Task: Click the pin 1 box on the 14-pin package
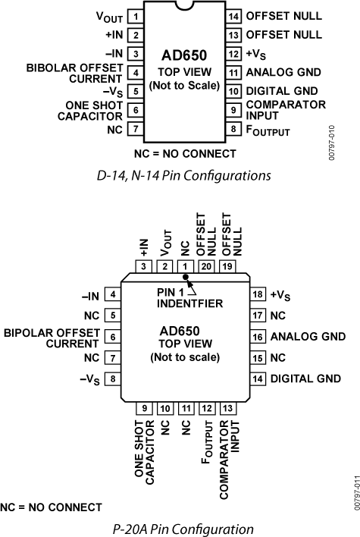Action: click(x=135, y=15)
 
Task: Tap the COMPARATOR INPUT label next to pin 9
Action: click(x=275, y=109)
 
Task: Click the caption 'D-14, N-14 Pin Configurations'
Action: click(x=185, y=175)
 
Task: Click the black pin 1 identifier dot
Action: click(x=186, y=278)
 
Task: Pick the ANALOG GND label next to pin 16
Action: click(x=308, y=336)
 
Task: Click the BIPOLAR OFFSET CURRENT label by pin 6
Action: click(x=52, y=337)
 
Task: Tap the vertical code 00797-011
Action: click(x=352, y=491)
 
